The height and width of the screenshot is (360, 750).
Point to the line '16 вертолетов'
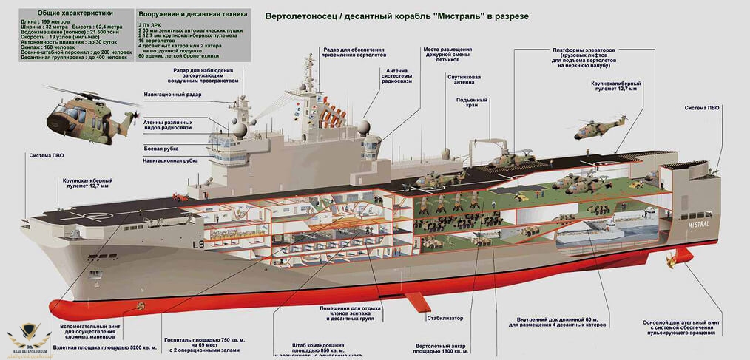(x=158, y=40)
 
